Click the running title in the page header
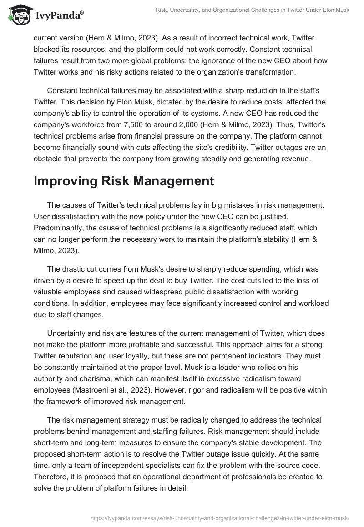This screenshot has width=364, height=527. tap(252, 10)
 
